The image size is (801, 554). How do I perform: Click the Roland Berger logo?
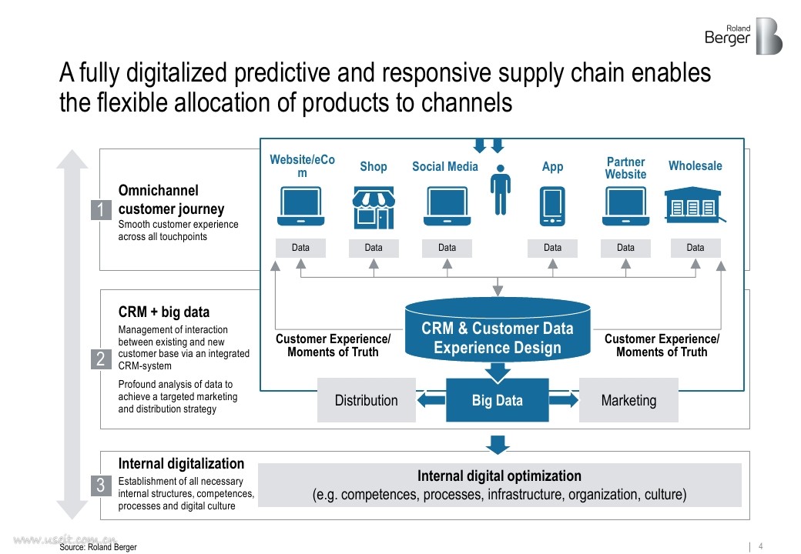pyautogui.click(x=743, y=36)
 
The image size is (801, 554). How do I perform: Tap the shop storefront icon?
pyautogui.click(x=373, y=208)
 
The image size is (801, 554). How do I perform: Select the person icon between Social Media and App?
pyautogui.click(x=501, y=189)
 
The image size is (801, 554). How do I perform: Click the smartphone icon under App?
pyautogui.click(x=552, y=207)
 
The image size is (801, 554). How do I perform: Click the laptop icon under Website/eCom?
pyautogui.click(x=301, y=207)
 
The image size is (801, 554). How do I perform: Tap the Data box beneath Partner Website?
pyautogui.click(x=625, y=248)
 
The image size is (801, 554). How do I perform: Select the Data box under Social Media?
pyautogui.click(x=447, y=248)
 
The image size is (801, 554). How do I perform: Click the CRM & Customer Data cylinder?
pyautogui.click(x=497, y=336)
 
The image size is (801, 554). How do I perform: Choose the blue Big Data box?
pyautogui.click(x=497, y=400)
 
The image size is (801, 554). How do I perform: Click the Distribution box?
pyautogui.click(x=367, y=400)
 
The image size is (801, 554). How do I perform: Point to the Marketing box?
pyautogui.click(x=628, y=400)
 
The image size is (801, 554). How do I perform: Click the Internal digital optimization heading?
pyautogui.click(x=499, y=476)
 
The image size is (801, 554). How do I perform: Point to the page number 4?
pyautogui.click(x=761, y=546)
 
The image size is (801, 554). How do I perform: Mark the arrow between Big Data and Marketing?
pyautogui.click(x=564, y=400)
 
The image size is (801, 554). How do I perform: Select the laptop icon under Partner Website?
pyautogui.click(x=625, y=207)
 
